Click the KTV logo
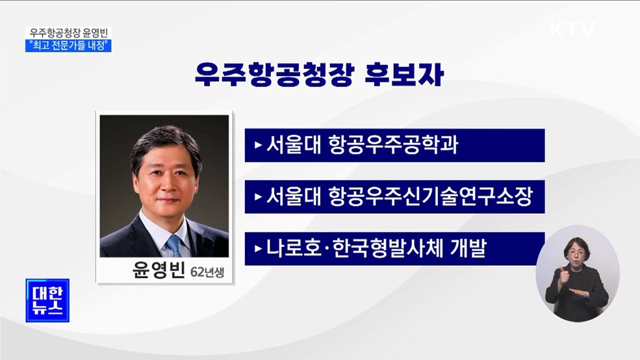[x=572, y=29]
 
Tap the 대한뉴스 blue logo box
[x=47, y=301]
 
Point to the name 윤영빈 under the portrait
[x=158, y=270]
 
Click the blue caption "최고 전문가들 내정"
[x=70, y=45]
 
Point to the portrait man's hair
[x=166, y=140]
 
